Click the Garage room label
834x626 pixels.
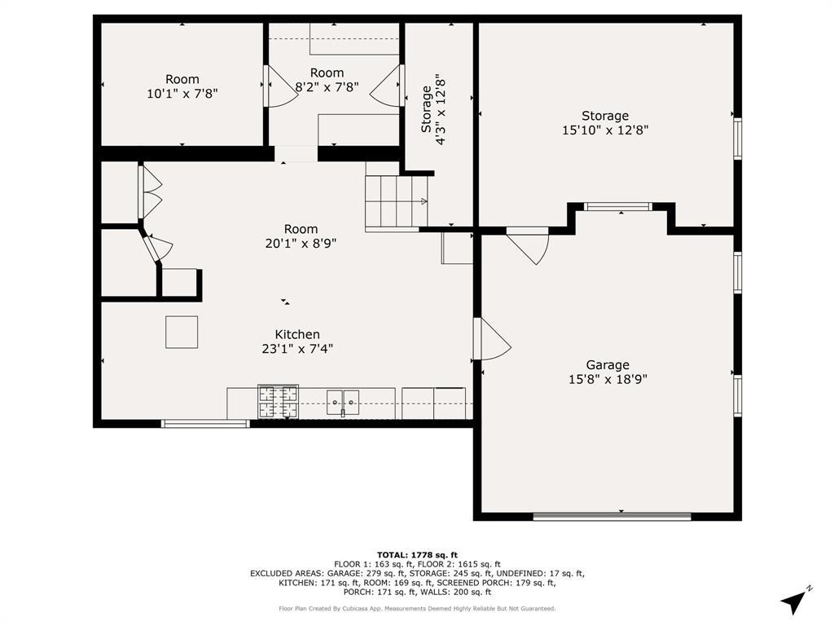608,365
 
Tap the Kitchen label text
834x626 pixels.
297,334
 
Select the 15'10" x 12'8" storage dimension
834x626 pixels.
605,130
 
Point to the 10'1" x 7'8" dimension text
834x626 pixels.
182,94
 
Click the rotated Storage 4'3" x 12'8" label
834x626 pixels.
433,109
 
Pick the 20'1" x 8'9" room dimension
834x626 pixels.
301,243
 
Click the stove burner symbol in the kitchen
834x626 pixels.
278,401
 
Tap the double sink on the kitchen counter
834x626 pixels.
343,402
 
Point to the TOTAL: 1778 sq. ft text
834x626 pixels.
417,554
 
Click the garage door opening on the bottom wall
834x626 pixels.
612,516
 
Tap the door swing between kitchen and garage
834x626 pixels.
492,338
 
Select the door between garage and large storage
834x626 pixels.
527,246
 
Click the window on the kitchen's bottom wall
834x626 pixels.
204,424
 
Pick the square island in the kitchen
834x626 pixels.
182,333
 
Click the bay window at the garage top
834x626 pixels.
617,206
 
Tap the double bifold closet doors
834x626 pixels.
150,192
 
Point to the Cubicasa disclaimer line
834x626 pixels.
417,608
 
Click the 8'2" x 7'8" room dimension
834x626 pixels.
327,86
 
